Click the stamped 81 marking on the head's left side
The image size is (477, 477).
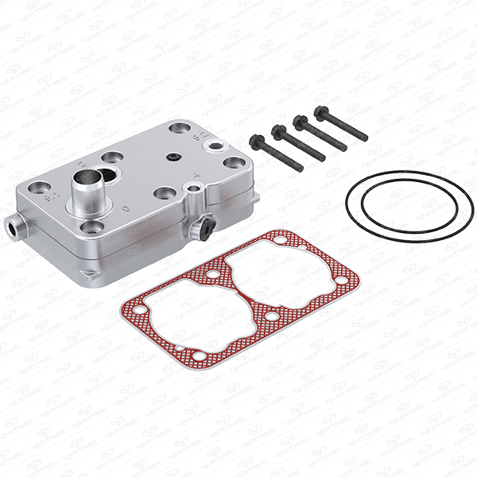[x=48, y=192]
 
